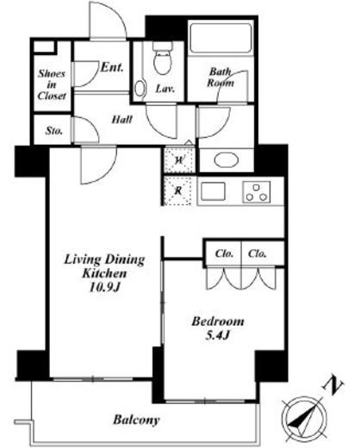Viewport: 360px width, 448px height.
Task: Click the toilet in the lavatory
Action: [163, 59]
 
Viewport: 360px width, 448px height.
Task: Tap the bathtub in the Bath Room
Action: [220, 38]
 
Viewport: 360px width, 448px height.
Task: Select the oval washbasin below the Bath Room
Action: [227, 160]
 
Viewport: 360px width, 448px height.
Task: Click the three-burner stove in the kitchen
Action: [257, 192]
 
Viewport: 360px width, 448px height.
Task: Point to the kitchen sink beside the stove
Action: [213, 191]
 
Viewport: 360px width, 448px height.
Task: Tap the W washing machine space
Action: [179, 160]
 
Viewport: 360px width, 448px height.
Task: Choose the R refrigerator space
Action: [178, 190]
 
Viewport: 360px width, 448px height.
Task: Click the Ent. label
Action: [112, 67]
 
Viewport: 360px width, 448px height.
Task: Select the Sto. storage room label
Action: [54, 131]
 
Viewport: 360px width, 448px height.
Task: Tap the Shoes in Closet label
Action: [52, 84]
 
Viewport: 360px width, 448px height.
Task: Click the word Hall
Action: [122, 119]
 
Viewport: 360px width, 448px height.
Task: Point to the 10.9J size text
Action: [104, 287]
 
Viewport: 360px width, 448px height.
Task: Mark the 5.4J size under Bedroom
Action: [218, 335]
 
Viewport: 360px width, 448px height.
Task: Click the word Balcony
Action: [136, 420]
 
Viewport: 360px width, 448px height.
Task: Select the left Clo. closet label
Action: [224, 253]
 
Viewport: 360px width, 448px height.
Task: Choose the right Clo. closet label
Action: [258, 253]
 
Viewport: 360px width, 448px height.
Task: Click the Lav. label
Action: [165, 89]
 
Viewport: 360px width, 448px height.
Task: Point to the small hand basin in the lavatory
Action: [140, 88]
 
